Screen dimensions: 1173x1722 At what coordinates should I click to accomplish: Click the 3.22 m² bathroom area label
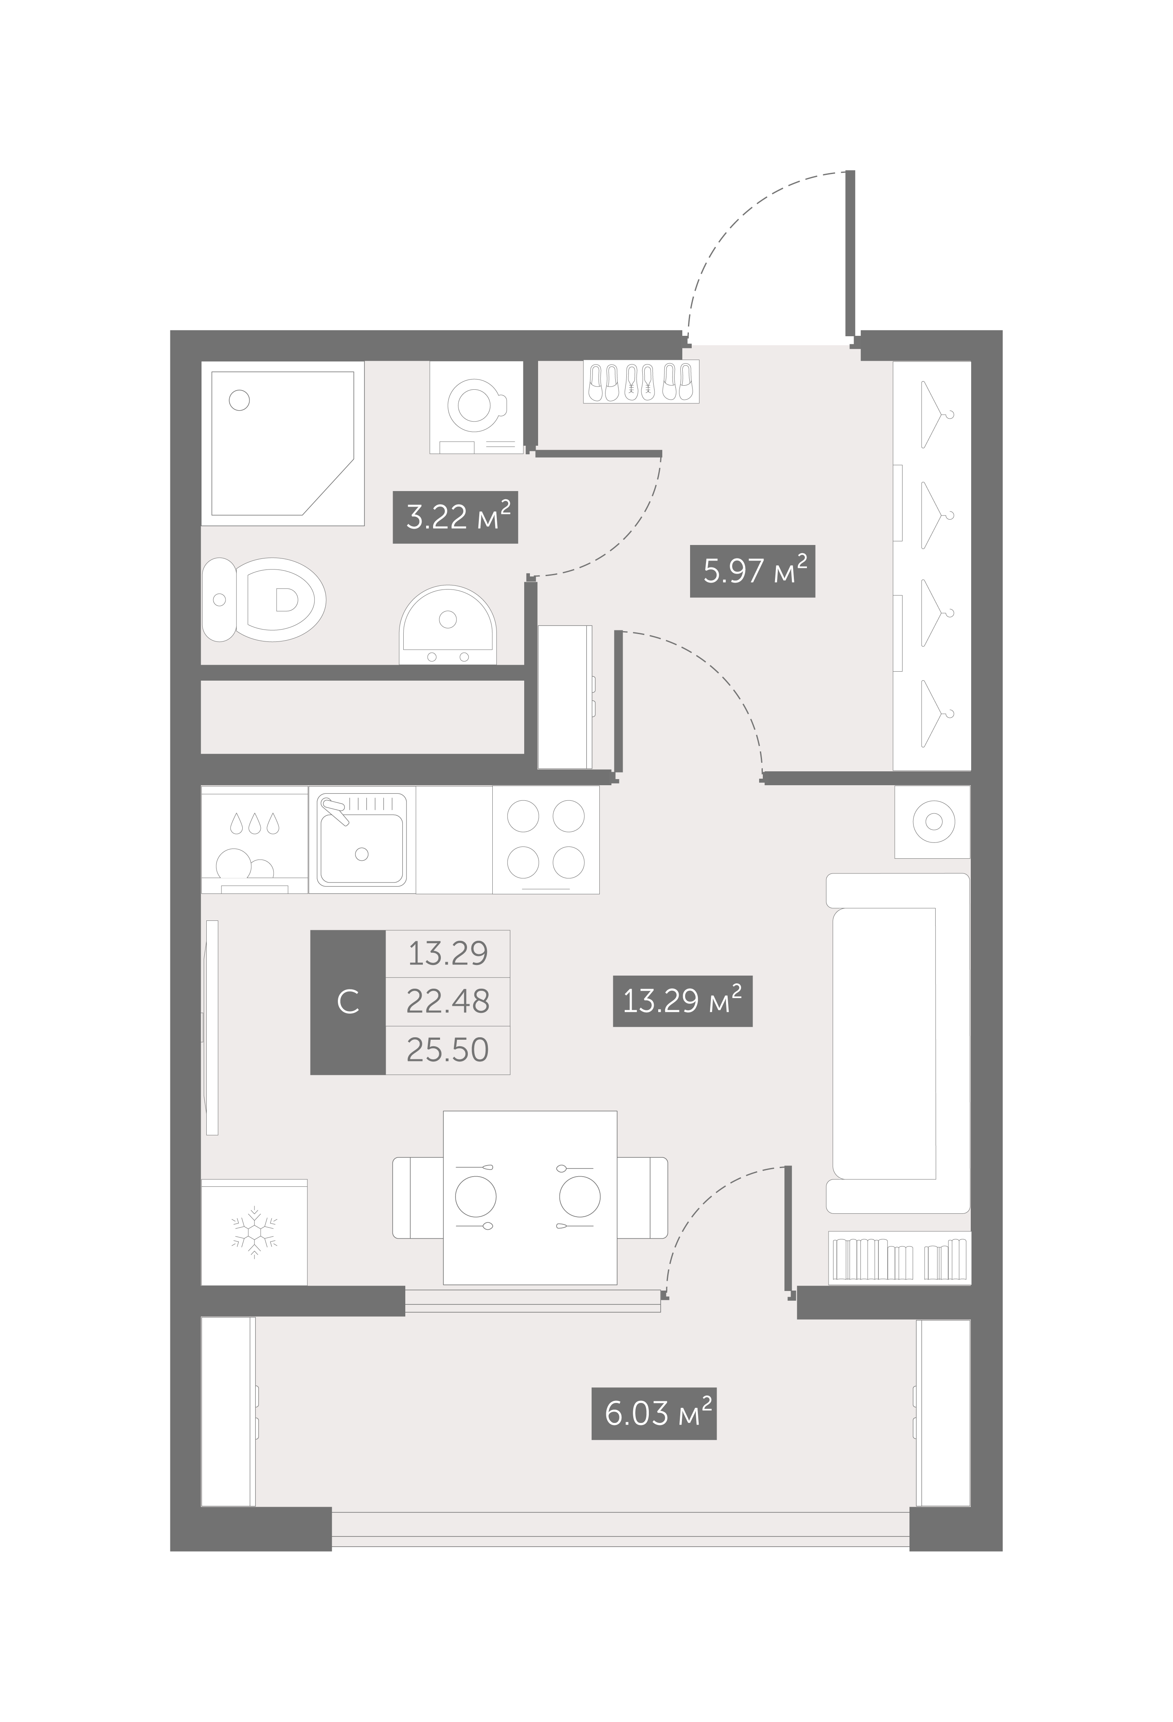click(x=455, y=517)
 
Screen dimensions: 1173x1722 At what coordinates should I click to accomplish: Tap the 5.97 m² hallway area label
click(x=752, y=571)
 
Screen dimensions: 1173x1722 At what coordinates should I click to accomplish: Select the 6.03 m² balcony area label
click(x=654, y=1414)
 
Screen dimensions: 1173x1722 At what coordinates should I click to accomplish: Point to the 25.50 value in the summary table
click(x=447, y=1050)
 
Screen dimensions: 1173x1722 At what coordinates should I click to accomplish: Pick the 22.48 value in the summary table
click(x=447, y=1001)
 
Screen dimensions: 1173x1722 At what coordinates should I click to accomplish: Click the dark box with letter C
click(x=348, y=1002)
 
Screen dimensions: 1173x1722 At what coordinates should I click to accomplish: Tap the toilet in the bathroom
click(x=264, y=599)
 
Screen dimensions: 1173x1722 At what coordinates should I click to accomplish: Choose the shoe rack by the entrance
click(x=642, y=382)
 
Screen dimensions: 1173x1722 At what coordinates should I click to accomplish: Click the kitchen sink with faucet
click(x=362, y=840)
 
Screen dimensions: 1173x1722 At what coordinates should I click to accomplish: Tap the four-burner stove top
click(x=546, y=840)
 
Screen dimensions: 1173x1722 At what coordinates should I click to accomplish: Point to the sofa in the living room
click(x=898, y=1043)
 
